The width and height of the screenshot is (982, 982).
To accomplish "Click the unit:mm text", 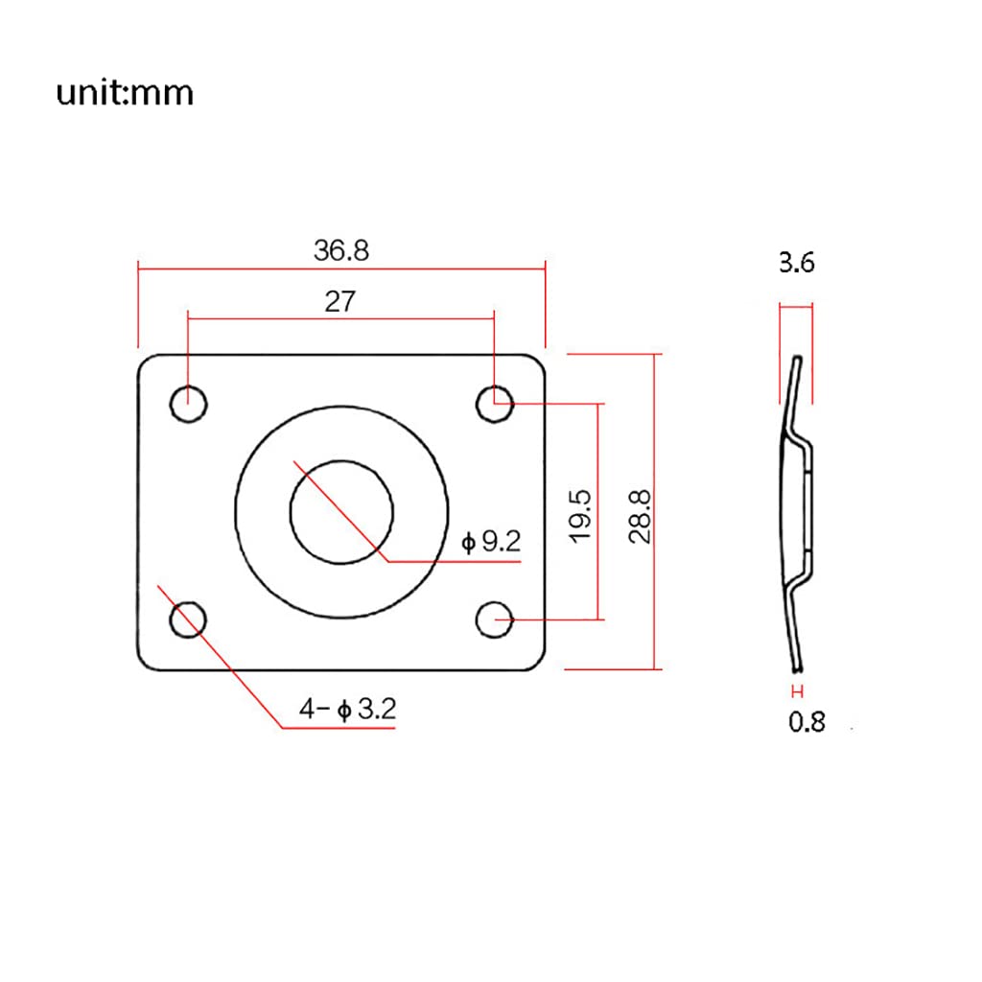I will click(125, 93).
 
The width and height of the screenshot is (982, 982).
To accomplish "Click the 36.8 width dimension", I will click(340, 250).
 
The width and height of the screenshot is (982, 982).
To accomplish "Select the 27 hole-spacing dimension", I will click(339, 301).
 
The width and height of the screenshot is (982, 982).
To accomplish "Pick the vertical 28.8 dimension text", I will click(641, 515).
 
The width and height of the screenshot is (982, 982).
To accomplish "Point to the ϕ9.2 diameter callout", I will click(491, 543).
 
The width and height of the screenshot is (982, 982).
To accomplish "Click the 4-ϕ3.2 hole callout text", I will click(347, 710).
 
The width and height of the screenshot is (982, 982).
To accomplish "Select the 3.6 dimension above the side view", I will click(796, 263).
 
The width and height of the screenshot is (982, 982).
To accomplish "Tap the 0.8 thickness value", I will click(807, 721).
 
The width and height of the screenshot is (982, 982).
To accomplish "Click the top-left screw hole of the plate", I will click(189, 404).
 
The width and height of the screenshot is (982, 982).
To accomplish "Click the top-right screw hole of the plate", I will click(496, 404).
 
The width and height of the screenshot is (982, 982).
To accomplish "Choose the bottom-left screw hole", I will click(188, 619).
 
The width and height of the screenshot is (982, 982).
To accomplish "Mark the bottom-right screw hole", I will click(496, 620).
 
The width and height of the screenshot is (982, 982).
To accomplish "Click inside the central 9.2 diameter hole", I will click(341, 511).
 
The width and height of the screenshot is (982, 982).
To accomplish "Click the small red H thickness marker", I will click(796, 691).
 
